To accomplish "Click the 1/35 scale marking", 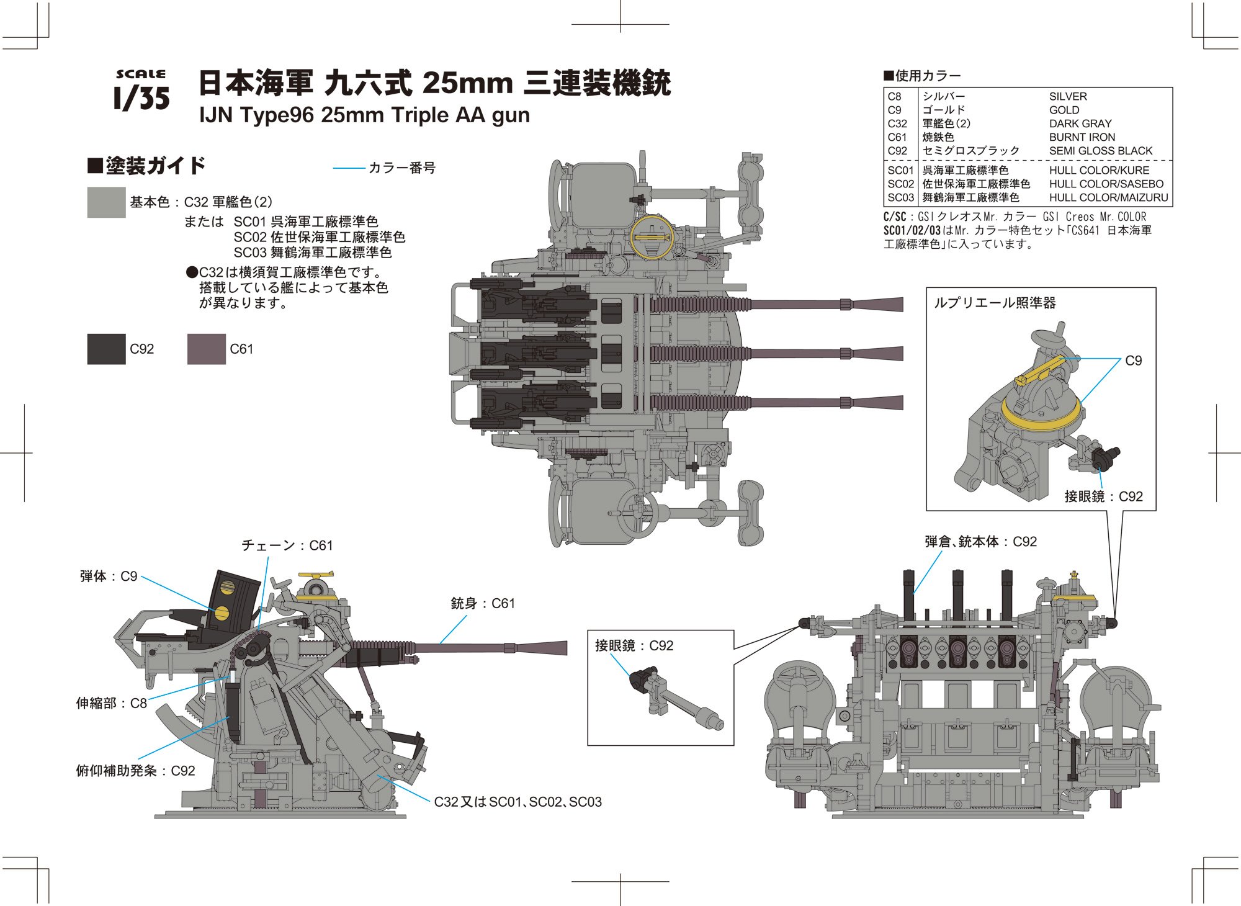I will pos(142,91).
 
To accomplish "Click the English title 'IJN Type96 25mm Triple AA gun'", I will pos(364,115).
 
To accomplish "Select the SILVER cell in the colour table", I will pos(1068,97).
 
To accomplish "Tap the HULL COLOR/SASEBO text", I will pos(1106,184).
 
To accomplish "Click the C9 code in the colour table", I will pos(894,110).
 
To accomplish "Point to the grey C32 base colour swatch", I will pos(106,202).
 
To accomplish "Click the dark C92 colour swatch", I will pos(106,349).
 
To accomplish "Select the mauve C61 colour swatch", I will pos(206,349).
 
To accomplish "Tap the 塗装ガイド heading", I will pos(147,166).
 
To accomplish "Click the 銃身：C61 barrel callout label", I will pos(483,603).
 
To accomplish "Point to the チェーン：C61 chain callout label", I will pos(287,545).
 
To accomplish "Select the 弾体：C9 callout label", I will pos(109,576).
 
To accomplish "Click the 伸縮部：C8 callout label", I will pos(112,703).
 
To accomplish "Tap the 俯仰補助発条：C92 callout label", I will pos(135,771).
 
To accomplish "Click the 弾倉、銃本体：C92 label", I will pos(980,542).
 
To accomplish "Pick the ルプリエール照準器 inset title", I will pos(994,303).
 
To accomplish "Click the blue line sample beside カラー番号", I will pos(349,168).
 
